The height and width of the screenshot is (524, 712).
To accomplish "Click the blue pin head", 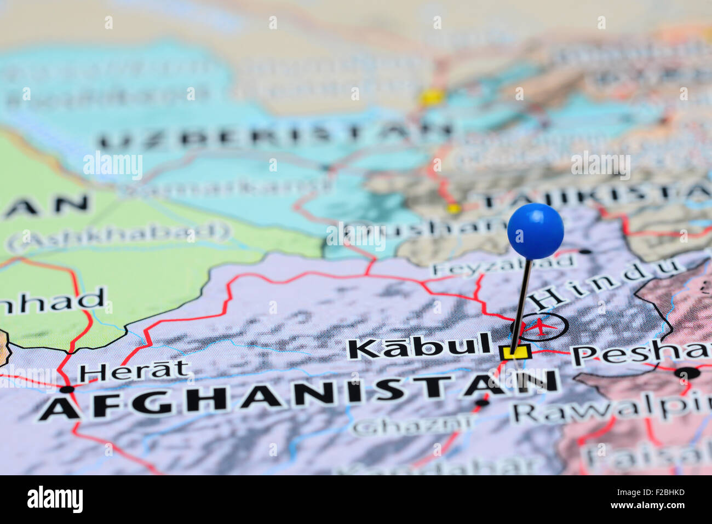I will [535, 231].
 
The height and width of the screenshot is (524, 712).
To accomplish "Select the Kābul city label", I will [419, 347].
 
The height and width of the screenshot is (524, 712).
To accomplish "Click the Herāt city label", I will [134, 372].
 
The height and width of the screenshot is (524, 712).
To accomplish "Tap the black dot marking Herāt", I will [67, 389].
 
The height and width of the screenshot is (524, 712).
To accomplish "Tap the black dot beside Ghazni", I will [482, 403].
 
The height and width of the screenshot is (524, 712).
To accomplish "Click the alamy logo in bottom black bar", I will [55, 499].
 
